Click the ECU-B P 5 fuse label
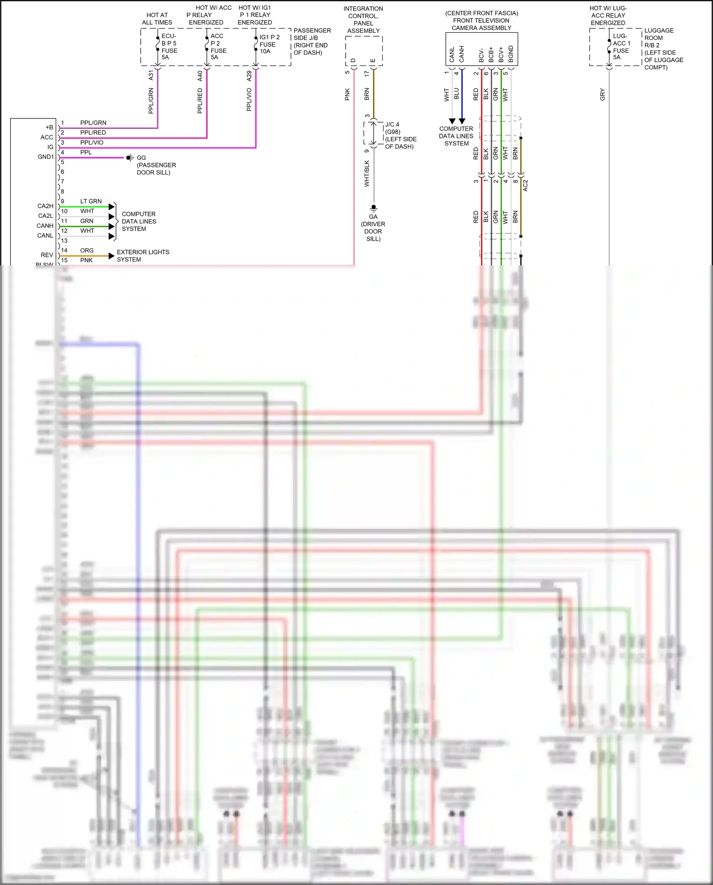(x=169, y=47)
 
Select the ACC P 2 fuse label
(x=218, y=47)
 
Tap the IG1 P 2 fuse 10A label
(x=269, y=44)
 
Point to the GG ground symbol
(x=129, y=157)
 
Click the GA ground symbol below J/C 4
(x=374, y=208)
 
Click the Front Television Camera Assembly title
(x=481, y=20)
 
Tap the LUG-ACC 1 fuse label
(x=621, y=47)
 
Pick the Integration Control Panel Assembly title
(x=363, y=19)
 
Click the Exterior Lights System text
(x=143, y=256)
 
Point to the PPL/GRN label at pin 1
(x=93, y=123)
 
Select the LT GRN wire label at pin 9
(x=91, y=201)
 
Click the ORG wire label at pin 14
(x=87, y=250)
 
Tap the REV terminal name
(x=47, y=255)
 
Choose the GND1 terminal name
(x=46, y=156)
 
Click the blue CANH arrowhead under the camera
(x=462, y=121)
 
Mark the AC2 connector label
(x=525, y=185)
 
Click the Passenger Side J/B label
(x=311, y=41)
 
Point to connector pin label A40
(x=200, y=75)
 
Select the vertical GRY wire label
(x=603, y=94)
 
